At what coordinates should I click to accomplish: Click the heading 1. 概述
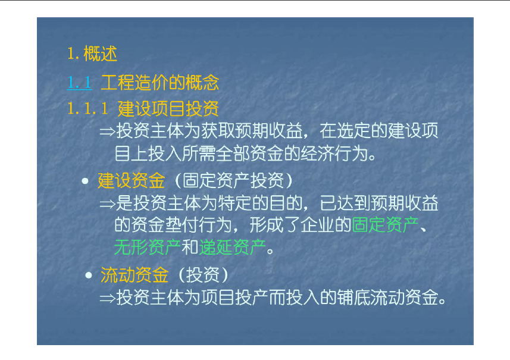(92, 54)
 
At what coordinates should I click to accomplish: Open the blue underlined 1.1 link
(79, 82)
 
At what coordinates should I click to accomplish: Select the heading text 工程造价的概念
(159, 82)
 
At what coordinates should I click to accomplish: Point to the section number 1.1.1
(87, 108)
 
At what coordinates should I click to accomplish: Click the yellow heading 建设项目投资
(168, 109)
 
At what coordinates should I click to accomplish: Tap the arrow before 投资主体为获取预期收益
(107, 132)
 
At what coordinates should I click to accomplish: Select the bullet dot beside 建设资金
(85, 181)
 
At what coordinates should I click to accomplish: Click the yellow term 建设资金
(132, 180)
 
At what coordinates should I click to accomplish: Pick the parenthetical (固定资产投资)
(234, 180)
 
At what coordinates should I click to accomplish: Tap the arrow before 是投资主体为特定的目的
(107, 204)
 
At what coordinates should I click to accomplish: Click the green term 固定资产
(386, 225)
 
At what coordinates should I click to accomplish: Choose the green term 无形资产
(148, 248)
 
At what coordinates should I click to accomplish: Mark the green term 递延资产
(232, 248)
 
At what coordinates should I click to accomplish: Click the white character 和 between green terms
(190, 248)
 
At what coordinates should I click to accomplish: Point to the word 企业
(317, 225)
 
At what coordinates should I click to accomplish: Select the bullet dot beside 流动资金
(89, 276)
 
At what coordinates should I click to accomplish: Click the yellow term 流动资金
(134, 275)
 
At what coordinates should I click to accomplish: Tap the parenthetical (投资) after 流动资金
(204, 275)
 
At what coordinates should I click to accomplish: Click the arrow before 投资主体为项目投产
(107, 298)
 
